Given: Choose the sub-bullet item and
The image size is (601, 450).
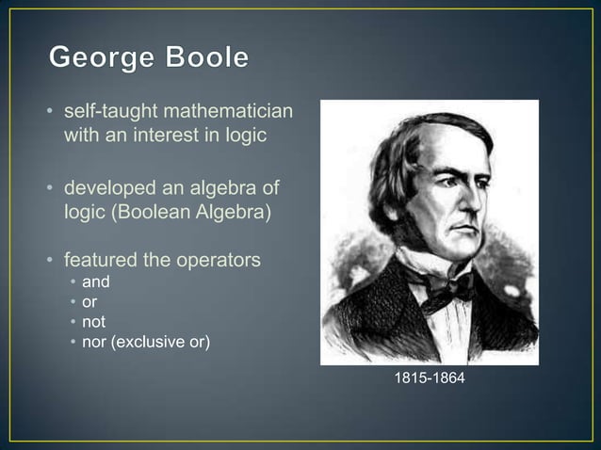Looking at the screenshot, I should [x=95, y=282].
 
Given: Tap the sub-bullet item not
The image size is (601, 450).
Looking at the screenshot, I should [x=93, y=322].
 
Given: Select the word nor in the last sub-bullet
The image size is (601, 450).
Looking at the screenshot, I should [x=93, y=341].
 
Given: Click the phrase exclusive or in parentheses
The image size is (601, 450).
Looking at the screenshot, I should [x=159, y=341].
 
